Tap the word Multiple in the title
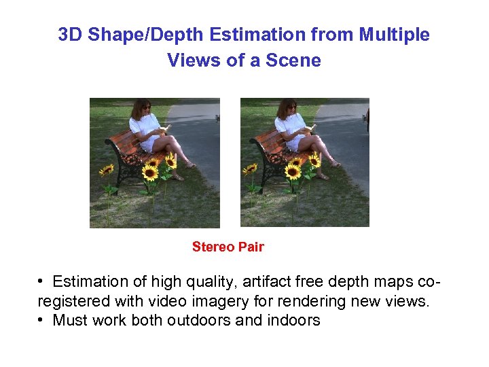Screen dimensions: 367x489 click(394, 35)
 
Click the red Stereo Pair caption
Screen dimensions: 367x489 click(228, 247)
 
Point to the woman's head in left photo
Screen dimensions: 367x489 click(143, 108)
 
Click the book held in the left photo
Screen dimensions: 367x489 click(165, 127)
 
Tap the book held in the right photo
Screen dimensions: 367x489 click(310, 127)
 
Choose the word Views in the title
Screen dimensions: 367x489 click(189, 60)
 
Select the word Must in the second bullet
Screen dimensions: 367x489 click(69, 320)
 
